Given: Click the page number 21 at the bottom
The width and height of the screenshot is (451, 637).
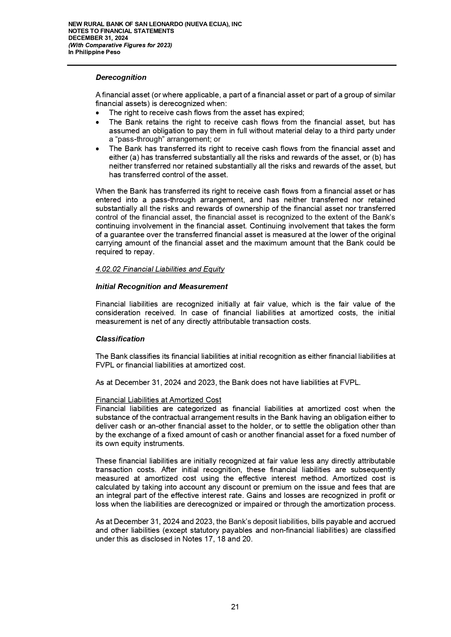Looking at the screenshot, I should coord(235,607).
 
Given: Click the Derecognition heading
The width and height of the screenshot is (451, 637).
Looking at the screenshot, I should coord(121,77).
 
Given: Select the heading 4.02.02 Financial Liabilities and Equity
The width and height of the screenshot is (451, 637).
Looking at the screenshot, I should coord(160,269).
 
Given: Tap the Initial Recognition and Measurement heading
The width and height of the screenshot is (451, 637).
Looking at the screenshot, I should coord(161,287).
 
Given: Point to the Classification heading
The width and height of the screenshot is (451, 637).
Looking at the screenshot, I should coord(120,339).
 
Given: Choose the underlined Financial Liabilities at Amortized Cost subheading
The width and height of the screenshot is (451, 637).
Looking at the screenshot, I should coord(158,400).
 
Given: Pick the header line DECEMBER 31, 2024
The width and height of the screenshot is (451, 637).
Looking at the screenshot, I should coord(98,38).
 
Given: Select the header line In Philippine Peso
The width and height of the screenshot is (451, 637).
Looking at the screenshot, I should coord(94,52).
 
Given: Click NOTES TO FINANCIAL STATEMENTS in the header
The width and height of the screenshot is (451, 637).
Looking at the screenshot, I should coord(121,31).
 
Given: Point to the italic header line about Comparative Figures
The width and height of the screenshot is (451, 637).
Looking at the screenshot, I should coord(120,45).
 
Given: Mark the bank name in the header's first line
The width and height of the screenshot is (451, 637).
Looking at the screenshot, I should coord(155,24).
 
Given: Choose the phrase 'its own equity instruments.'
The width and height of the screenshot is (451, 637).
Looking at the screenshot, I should coord(140,443).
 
